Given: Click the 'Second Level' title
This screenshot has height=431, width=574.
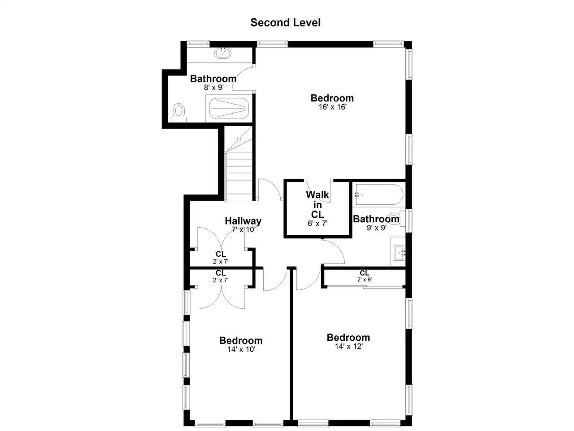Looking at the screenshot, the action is pos(285,22).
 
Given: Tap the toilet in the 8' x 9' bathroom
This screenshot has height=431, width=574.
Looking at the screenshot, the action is pos(178,113).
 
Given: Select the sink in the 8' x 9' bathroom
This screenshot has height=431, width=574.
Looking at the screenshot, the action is pos(223,53).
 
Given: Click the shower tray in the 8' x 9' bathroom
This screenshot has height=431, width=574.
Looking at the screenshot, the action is pos(229,108).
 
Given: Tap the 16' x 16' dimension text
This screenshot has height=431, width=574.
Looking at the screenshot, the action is pos(332,107).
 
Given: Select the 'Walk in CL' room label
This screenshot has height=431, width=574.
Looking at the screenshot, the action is pos(317,205).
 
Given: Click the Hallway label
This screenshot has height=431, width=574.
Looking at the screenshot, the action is pos(243,221).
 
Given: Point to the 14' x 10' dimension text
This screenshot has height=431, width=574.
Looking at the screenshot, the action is pos(241,349).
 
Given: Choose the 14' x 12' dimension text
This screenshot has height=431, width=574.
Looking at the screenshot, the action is pos(348,346).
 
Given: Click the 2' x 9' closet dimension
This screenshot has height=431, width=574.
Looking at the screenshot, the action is pos(365,280).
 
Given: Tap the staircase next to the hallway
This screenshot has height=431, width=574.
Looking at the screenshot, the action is pos(239,163).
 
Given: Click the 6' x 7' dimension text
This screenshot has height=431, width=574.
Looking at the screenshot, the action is pos(317,223).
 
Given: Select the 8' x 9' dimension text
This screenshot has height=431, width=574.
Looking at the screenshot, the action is pos(213,88).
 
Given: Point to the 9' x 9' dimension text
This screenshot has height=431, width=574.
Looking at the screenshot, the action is pos(377,228).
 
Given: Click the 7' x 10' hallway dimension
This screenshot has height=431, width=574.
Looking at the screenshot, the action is pos(243,230).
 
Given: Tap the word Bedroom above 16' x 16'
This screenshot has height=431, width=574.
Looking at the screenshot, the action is pos(332,98).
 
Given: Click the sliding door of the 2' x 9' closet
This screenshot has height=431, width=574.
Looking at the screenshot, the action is pos(365,287).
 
